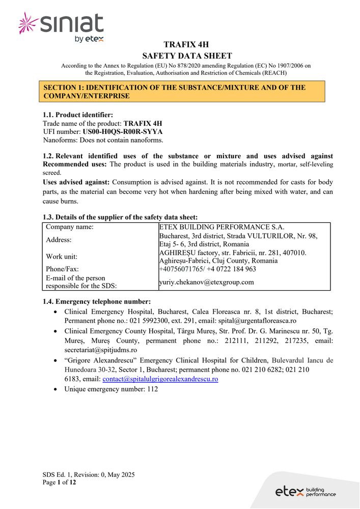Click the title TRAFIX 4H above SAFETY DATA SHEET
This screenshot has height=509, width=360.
186,45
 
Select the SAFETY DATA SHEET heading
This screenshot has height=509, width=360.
186,56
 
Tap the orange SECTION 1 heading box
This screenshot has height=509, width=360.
184,92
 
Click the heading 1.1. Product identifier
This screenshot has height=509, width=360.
78,115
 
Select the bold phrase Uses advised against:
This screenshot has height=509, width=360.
76,182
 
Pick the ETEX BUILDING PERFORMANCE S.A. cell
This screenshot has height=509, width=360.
221,227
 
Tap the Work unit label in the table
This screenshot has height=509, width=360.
62,256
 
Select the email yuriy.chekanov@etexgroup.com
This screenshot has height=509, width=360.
206,282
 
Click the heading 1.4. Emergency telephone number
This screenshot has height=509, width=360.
97,301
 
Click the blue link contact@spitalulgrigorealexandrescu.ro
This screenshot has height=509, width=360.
160,379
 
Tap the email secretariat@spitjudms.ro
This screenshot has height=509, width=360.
100,350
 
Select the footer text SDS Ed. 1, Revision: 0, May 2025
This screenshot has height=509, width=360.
89,474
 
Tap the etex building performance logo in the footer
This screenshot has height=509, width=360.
306,492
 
